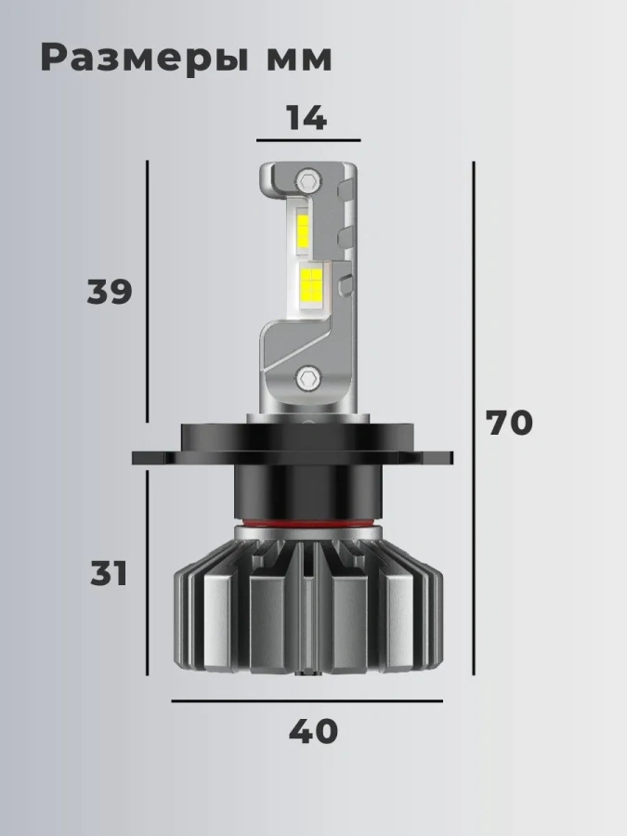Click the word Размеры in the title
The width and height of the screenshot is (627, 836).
click(x=145, y=59)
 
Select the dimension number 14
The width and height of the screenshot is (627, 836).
click(x=307, y=118)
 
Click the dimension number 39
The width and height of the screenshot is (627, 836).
click(x=110, y=292)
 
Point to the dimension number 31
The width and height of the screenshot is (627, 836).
click(x=109, y=574)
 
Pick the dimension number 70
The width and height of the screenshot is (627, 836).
click(x=509, y=423)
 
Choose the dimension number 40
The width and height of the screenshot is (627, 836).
click(x=314, y=731)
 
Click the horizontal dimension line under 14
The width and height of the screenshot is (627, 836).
click(x=308, y=141)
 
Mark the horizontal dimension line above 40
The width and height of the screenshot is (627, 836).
click(x=307, y=701)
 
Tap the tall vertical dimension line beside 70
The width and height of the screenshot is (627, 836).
click(x=474, y=417)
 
